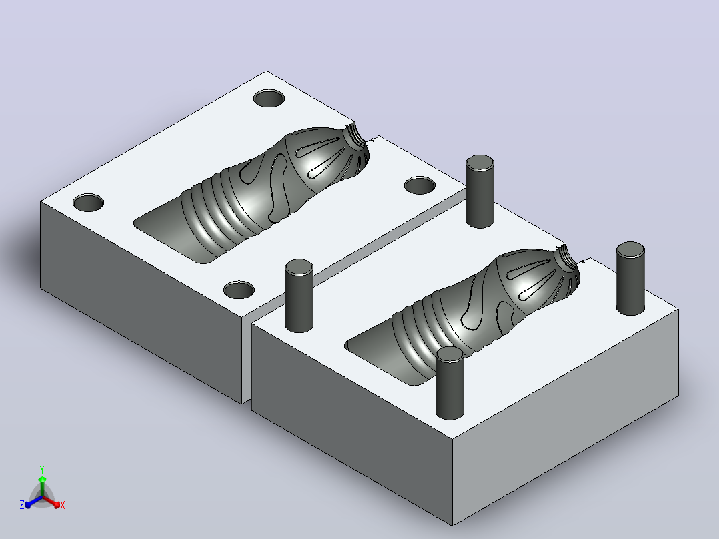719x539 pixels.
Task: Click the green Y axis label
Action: click(x=42, y=469)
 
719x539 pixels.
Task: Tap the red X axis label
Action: click(x=63, y=505)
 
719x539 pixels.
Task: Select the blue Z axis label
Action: click(x=22, y=504)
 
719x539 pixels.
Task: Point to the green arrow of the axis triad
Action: click(x=42, y=486)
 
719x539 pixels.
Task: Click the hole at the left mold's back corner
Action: click(x=269, y=98)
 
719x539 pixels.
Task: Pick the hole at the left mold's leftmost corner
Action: click(x=89, y=203)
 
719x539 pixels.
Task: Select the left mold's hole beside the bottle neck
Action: click(x=420, y=185)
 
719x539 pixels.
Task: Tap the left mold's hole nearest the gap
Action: click(x=239, y=290)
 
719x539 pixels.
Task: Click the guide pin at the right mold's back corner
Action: click(x=480, y=191)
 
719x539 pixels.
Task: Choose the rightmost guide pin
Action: click(x=630, y=278)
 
